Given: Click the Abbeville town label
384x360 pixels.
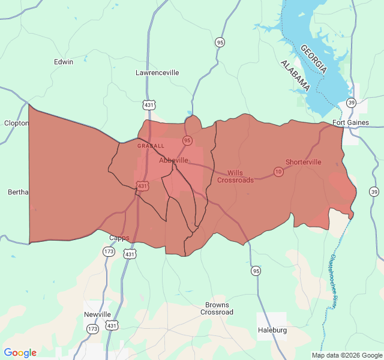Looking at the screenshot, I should click(x=174, y=161).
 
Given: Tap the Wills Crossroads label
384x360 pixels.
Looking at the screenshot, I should click(x=235, y=176).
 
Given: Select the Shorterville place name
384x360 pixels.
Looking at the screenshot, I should click(x=303, y=162).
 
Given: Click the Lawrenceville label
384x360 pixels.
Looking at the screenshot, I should click(x=157, y=73).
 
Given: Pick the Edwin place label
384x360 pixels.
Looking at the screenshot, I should click(x=64, y=62).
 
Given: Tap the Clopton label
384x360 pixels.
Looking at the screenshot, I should click(x=16, y=123).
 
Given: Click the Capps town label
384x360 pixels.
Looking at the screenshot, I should click(x=119, y=238).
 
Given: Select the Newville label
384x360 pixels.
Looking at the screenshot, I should click(x=97, y=314).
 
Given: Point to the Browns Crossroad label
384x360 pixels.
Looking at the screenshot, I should click(x=217, y=308).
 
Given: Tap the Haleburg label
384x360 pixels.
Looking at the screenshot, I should click(x=272, y=330).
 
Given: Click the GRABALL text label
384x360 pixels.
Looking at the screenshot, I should click(x=150, y=146).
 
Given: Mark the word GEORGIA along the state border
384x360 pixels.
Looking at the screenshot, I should click(x=314, y=59).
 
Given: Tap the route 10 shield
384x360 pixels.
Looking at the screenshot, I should click(x=278, y=172).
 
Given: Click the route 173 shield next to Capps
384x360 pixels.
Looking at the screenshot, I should click(x=108, y=252).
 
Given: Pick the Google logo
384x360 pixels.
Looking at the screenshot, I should click(x=20, y=353).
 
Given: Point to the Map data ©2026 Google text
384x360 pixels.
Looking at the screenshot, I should click(x=347, y=355).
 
